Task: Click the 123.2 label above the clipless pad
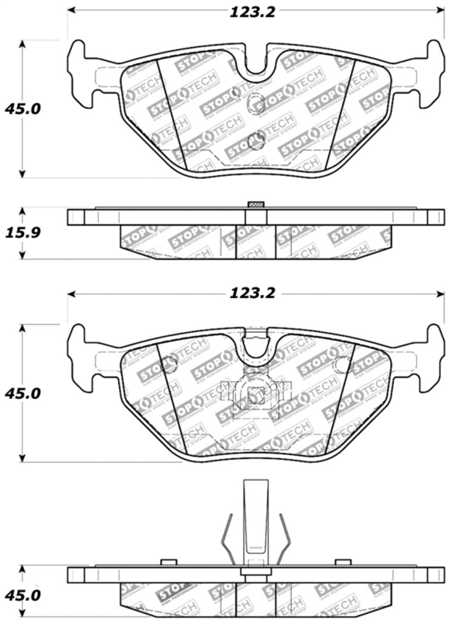coord(252,12)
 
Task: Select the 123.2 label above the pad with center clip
coord(252,294)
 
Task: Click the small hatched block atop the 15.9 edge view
coord(256,204)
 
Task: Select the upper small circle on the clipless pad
coord(256,103)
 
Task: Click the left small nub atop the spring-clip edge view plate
coord(166,562)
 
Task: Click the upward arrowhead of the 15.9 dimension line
coord(22,211)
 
